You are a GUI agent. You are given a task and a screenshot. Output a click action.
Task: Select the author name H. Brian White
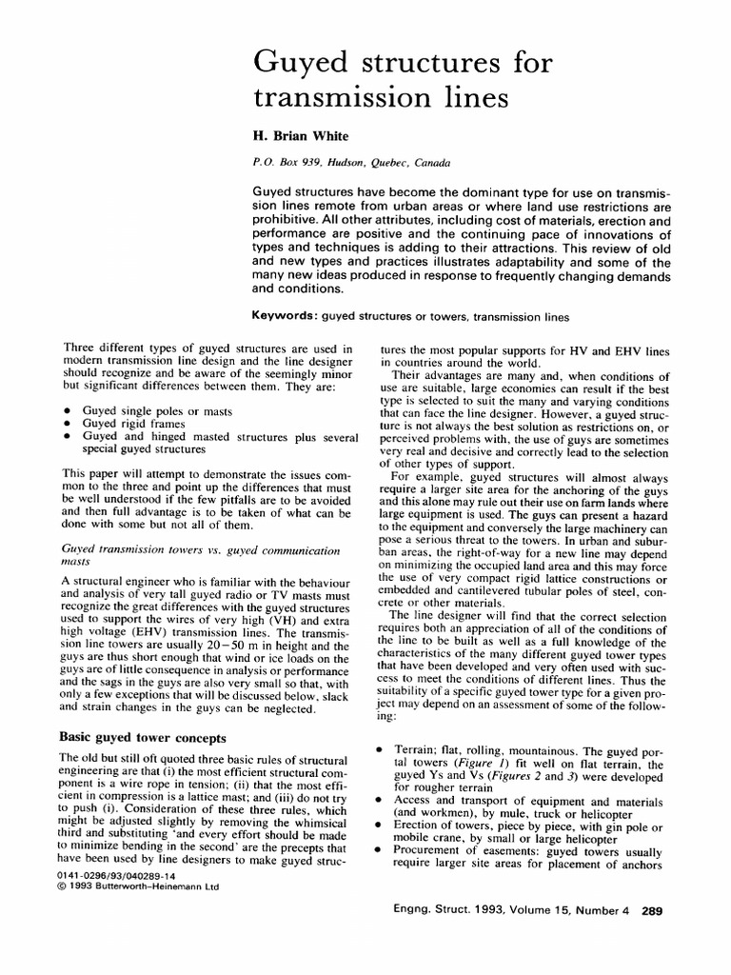coord(296,136)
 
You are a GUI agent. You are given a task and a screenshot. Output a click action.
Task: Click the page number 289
coord(652,910)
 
